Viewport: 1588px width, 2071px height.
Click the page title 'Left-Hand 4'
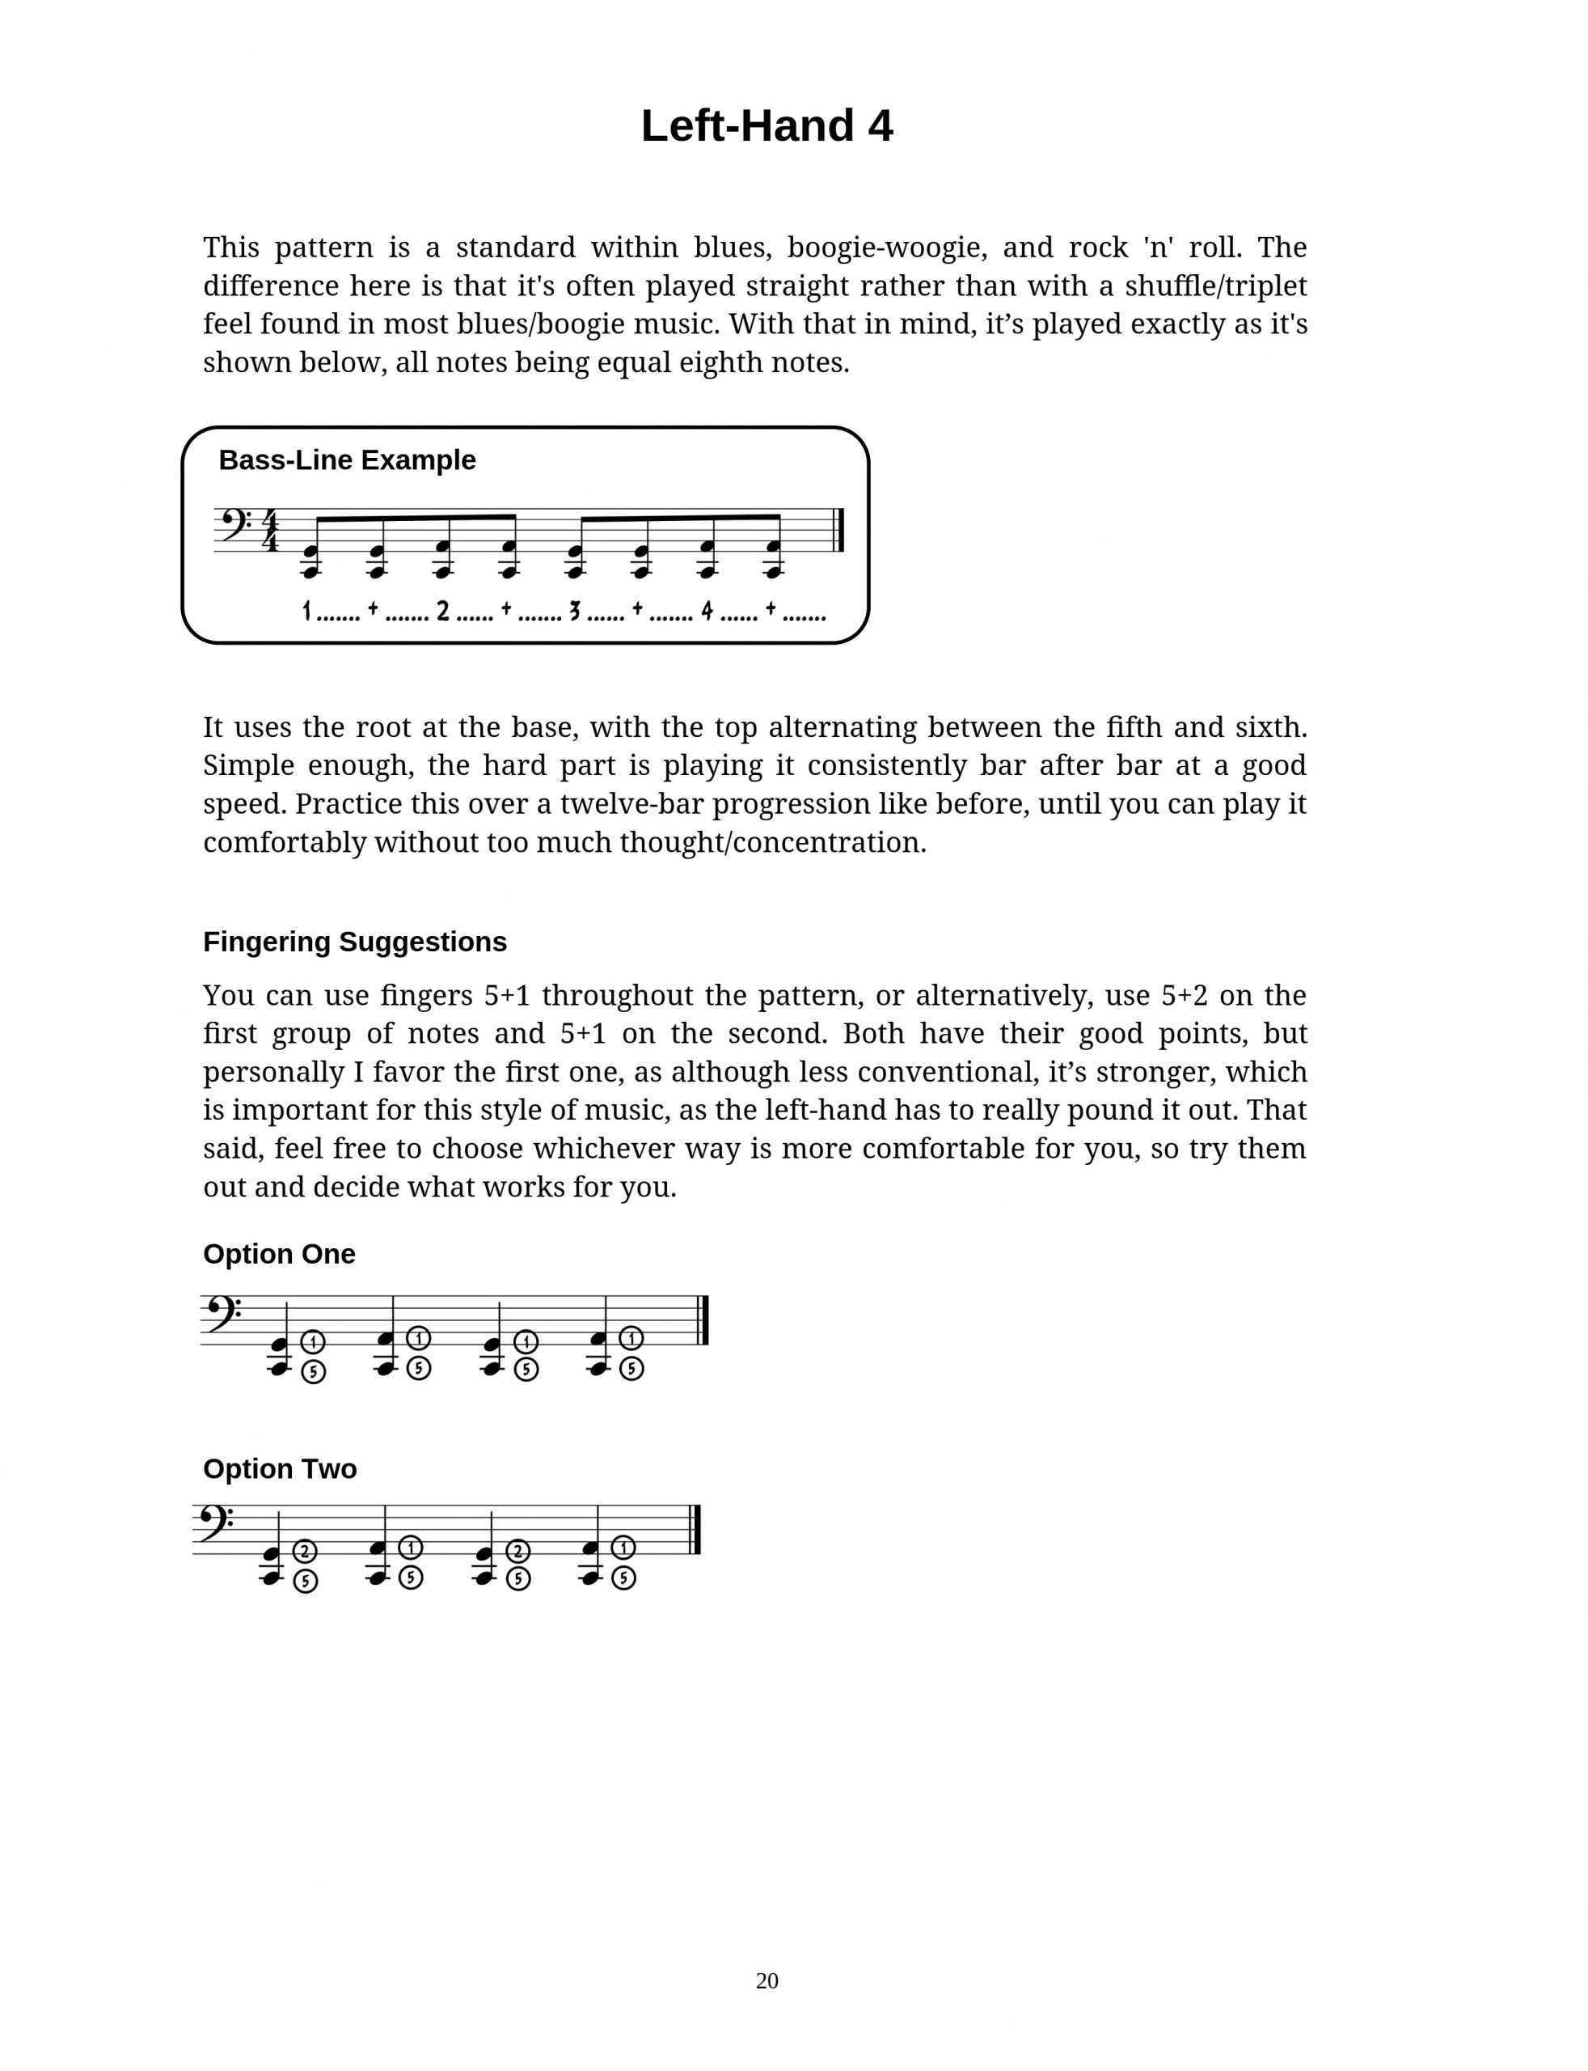(x=767, y=125)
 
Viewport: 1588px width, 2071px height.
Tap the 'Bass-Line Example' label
(x=347, y=460)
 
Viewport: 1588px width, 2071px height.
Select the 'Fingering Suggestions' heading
(x=354, y=942)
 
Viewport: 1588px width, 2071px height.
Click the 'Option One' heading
(x=279, y=1254)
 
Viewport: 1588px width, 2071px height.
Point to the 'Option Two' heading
(x=280, y=1468)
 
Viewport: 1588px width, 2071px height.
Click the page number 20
(x=767, y=1980)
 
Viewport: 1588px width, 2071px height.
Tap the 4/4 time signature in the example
(x=270, y=531)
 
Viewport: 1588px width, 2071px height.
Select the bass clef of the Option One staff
(x=220, y=1315)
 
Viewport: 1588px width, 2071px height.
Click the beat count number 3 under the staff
(x=574, y=612)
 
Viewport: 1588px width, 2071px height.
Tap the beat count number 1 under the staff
(x=306, y=612)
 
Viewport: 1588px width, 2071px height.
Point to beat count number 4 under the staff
(x=707, y=612)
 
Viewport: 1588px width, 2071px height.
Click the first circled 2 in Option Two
(x=304, y=1551)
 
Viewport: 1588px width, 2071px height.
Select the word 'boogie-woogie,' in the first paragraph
(x=888, y=248)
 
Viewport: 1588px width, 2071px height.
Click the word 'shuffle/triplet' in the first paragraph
(x=1215, y=286)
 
